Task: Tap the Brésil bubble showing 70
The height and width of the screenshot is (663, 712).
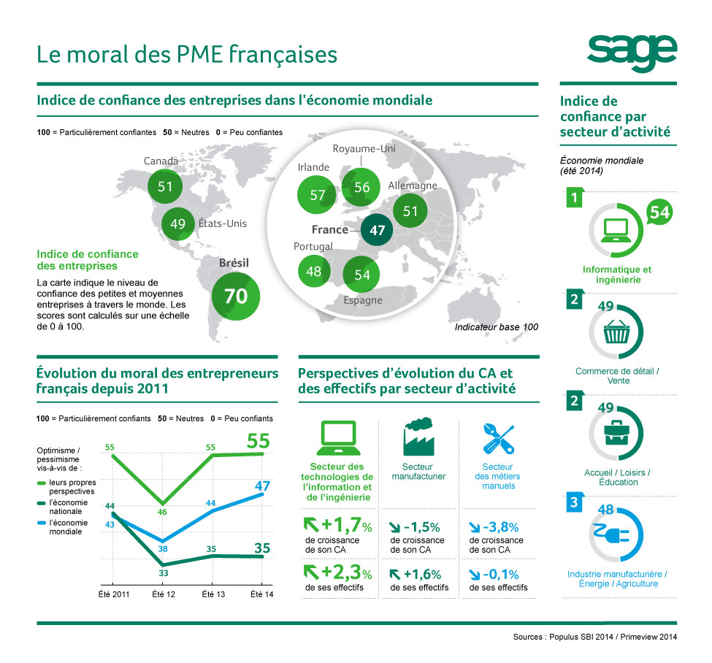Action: pos(236,296)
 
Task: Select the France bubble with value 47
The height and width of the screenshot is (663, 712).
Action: pos(377,230)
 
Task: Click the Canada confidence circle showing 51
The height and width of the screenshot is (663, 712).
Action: pos(165,186)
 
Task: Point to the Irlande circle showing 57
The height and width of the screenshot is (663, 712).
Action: pos(317,195)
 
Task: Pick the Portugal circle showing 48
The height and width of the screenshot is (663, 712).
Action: pos(314,271)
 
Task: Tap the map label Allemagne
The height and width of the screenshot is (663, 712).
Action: pos(413,185)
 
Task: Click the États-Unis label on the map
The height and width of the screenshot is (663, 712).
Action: pos(222,223)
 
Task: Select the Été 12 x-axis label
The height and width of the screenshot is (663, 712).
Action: pos(164,595)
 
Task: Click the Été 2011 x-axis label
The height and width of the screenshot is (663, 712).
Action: pos(114,595)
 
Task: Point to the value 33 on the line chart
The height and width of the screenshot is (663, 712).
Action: pos(163,574)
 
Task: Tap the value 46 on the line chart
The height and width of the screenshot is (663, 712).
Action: pos(162,512)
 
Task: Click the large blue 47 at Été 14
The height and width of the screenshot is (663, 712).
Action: pos(263,486)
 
